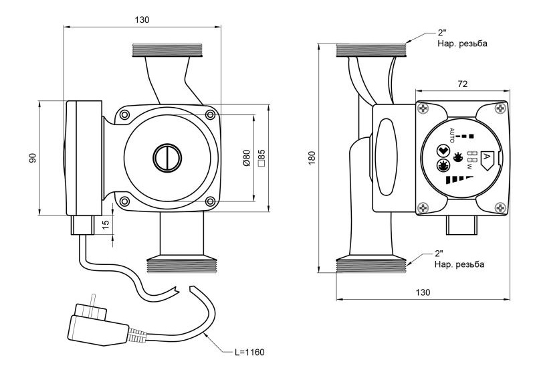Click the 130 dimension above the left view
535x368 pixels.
pos(142,19)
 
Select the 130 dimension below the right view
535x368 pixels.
pos(422,292)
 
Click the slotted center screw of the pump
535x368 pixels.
pos(167,159)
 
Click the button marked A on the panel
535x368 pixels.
pos(488,158)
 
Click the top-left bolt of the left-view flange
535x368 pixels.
pos(124,116)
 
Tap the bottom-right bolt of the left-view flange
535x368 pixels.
pos(210,201)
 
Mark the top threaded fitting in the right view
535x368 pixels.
pos(371,48)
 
